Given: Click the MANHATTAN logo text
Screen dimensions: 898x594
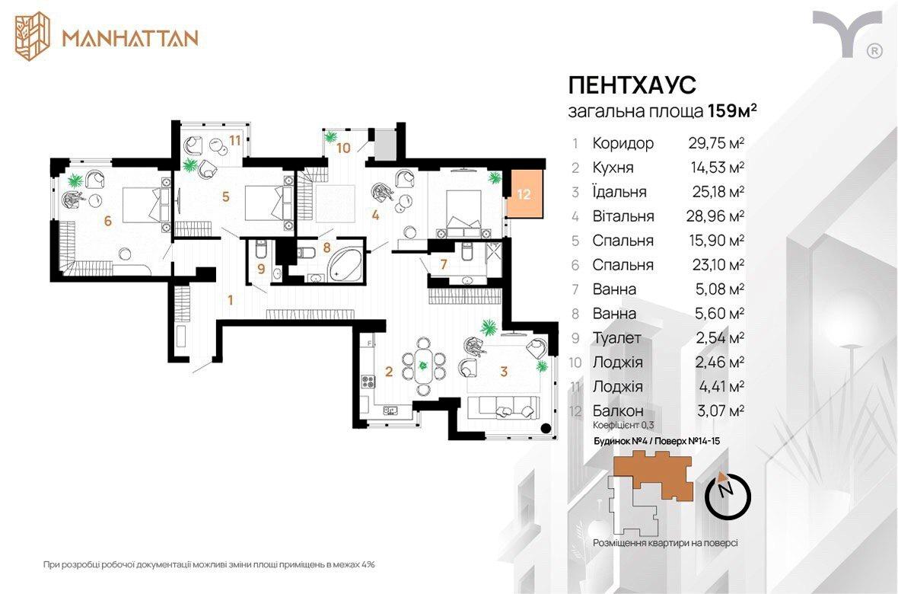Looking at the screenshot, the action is click(x=130, y=38).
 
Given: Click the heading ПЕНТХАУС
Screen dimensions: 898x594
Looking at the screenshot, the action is click(x=632, y=85).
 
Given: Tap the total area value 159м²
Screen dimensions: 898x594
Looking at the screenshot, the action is click(x=733, y=110).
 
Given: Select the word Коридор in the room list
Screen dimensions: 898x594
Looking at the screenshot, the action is click(x=623, y=143).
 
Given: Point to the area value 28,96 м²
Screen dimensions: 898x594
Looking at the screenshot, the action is click(x=715, y=216).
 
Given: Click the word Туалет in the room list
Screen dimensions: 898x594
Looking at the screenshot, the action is click(x=616, y=338).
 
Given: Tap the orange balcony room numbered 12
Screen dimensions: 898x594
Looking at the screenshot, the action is click(x=524, y=193).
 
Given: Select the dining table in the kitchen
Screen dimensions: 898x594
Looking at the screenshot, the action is click(x=423, y=366).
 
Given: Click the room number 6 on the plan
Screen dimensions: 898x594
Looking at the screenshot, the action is click(x=107, y=221).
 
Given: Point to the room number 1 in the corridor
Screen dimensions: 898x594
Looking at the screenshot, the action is click(x=231, y=300).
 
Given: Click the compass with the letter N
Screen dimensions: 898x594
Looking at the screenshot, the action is click(x=728, y=495).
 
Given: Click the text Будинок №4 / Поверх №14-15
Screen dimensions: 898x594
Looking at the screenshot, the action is click(x=656, y=441).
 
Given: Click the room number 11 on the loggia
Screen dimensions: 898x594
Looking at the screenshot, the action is click(x=235, y=140).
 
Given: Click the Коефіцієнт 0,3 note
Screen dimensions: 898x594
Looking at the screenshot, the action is click(x=623, y=426).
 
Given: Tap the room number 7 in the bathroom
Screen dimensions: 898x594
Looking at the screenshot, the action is click(x=443, y=265).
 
